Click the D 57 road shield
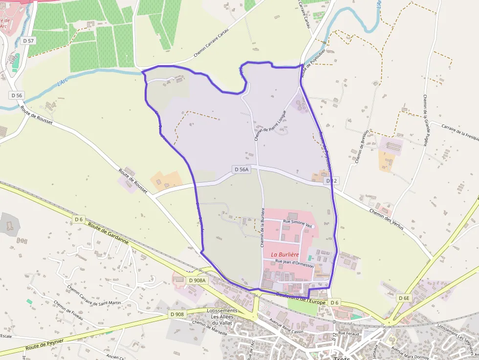point(28,41)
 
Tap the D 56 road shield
point(17,95)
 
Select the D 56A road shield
point(241,169)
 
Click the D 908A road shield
point(197,280)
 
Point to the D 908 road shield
point(177,314)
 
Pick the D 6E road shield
point(404,298)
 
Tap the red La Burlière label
point(285,254)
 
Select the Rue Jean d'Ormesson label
point(295,263)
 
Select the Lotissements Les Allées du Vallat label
point(222,317)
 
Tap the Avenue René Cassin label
point(285,325)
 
